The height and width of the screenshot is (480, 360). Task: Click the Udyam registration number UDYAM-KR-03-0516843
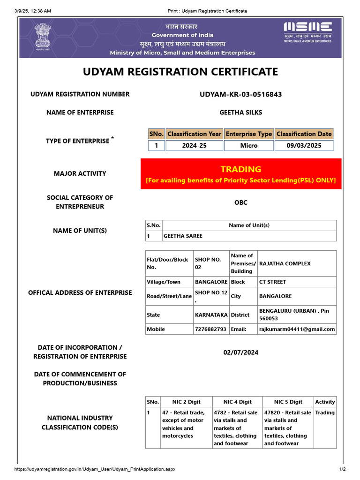click(x=241, y=94)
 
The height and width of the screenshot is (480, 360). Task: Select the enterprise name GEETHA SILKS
click(x=241, y=112)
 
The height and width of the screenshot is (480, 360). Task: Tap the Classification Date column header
click(x=304, y=134)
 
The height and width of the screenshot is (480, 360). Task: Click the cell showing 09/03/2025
click(x=304, y=145)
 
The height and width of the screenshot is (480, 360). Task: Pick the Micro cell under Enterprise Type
click(x=248, y=145)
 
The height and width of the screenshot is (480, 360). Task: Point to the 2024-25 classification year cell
click(x=194, y=145)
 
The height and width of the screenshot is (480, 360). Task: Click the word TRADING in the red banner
click(x=241, y=169)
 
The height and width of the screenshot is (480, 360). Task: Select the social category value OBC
click(x=241, y=202)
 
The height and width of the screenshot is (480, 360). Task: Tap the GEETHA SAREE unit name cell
click(x=183, y=236)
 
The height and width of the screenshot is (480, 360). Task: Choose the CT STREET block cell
click(x=272, y=282)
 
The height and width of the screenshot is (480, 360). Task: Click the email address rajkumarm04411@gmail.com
click(x=297, y=329)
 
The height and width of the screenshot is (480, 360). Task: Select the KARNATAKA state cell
click(x=211, y=315)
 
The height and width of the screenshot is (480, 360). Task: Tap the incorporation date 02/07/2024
click(x=241, y=352)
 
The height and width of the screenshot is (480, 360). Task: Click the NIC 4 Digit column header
click(x=237, y=402)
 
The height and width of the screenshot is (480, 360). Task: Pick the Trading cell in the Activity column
click(x=325, y=413)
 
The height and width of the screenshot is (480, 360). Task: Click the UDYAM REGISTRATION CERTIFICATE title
click(x=180, y=72)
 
